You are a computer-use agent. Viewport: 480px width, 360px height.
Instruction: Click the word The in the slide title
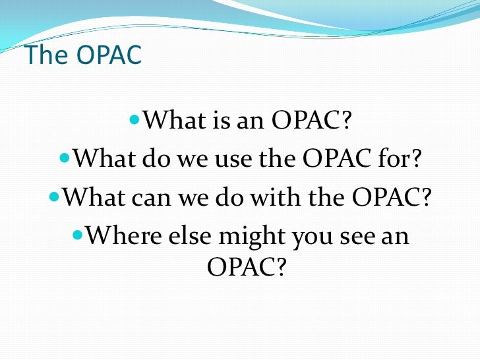coord(44,55)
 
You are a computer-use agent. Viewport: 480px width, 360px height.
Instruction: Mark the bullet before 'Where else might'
coord(77,233)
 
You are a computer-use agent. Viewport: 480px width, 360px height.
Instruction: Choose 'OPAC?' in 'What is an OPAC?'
coord(313,121)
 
